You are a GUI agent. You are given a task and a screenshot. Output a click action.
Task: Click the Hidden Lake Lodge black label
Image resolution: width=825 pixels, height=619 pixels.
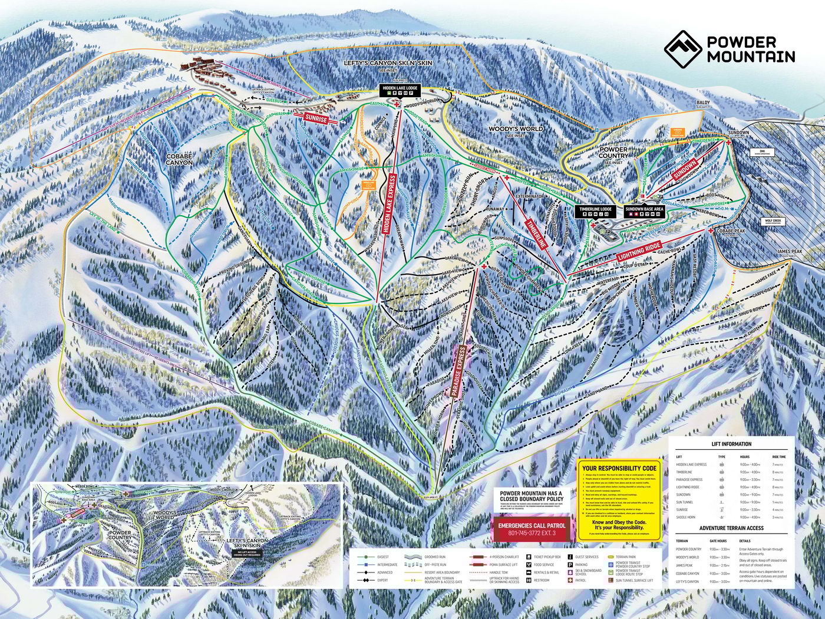[x=400, y=88]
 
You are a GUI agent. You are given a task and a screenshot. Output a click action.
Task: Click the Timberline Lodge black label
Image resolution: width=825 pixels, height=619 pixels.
[x=596, y=209]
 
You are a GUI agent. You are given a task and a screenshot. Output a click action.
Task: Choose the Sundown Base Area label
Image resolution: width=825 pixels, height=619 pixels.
[x=644, y=209]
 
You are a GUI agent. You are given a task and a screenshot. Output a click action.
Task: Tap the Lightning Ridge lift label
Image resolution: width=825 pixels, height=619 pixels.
[x=639, y=252]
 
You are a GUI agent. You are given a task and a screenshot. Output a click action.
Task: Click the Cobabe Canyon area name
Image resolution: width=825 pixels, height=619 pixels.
[x=179, y=159]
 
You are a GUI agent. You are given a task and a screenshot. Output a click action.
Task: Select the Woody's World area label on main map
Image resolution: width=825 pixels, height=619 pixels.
[x=516, y=129]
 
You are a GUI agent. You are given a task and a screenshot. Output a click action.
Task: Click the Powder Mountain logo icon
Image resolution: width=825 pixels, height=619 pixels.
[x=682, y=48]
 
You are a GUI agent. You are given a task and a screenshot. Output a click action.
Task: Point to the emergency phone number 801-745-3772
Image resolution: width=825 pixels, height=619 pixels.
[x=532, y=534]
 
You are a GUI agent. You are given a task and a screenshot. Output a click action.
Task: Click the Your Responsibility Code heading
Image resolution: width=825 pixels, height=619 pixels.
[x=619, y=469]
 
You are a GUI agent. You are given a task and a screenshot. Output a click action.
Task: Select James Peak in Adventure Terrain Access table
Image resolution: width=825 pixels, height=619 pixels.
[x=685, y=565]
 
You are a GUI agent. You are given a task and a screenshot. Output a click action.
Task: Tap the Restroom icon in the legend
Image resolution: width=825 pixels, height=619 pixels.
[x=537, y=580]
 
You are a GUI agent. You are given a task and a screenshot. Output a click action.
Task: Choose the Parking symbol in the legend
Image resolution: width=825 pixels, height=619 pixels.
[x=570, y=564]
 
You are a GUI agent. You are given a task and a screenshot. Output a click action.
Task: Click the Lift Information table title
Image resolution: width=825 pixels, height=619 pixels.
[x=731, y=444]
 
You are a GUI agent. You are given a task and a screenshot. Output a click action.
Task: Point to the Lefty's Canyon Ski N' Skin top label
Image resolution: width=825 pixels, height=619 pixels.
[x=388, y=62]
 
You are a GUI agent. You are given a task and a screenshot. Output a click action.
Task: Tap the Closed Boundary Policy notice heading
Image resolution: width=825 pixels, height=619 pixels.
[x=532, y=496]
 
